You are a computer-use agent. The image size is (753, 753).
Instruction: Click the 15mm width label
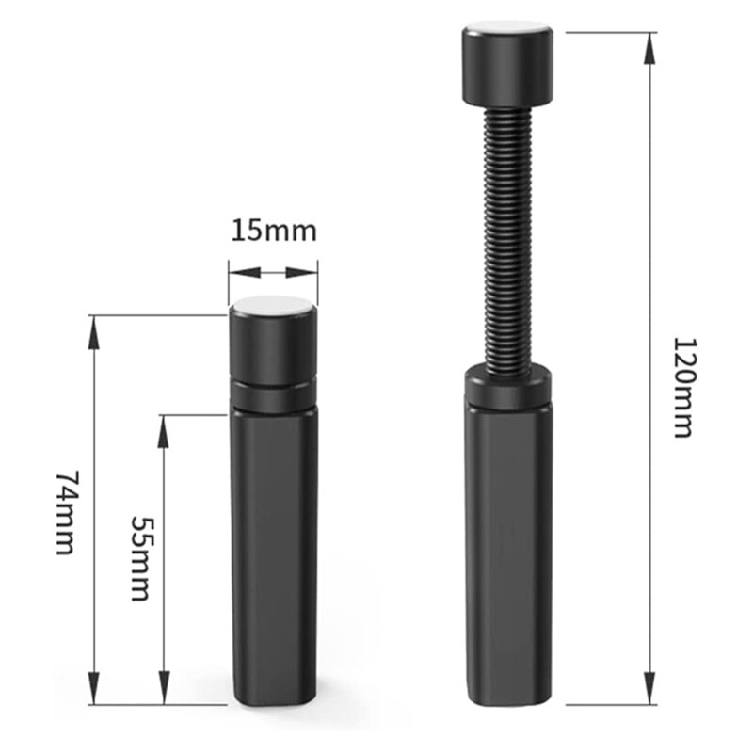click(x=274, y=231)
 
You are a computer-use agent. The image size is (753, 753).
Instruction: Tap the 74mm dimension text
click(x=66, y=513)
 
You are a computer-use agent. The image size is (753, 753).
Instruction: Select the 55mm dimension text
click(x=142, y=558)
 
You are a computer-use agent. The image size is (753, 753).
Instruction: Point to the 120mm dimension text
click(x=683, y=387)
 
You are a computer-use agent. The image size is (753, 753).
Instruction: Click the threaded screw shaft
click(x=508, y=239)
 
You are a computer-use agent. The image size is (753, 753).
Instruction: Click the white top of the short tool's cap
click(x=272, y=305)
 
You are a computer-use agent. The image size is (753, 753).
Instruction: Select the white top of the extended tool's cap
click(x=507, y=27)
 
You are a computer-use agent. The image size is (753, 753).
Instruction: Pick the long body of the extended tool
click(x=507, y=554)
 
